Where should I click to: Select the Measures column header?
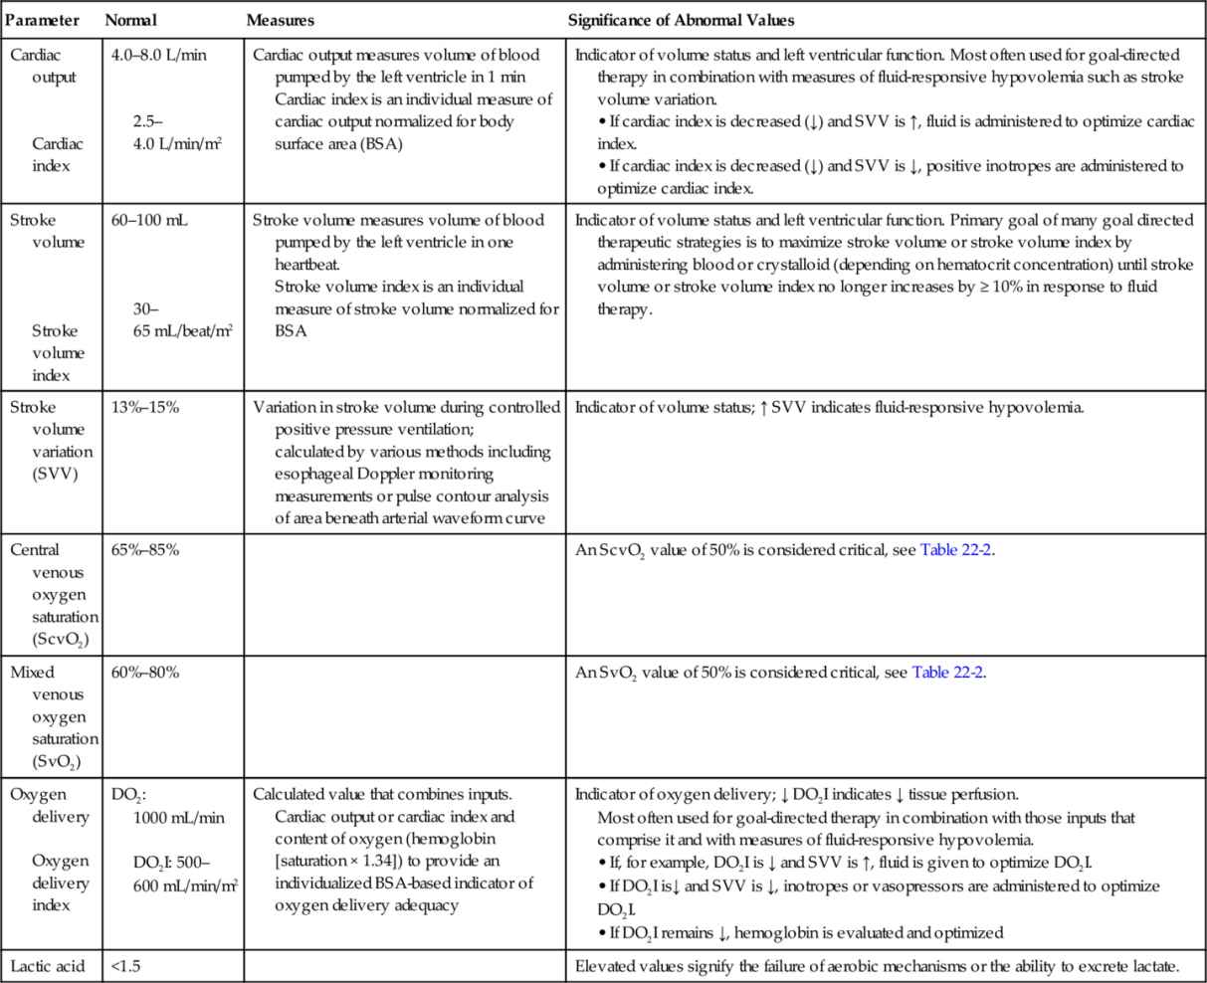click(281, 20)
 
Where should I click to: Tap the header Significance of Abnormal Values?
click(681, 20)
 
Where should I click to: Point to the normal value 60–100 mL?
click(150, 220)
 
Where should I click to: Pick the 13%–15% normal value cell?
click(145, 407)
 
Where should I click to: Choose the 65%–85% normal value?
click(145, 550)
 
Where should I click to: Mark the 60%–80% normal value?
click(145, 673)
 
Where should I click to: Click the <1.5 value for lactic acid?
click(124, 965)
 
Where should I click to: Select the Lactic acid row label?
click(48, 965)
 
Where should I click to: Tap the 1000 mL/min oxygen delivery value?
click(179, 817)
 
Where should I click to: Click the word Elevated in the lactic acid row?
click(603, 965)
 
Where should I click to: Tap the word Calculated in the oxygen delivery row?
click(288, 795)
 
